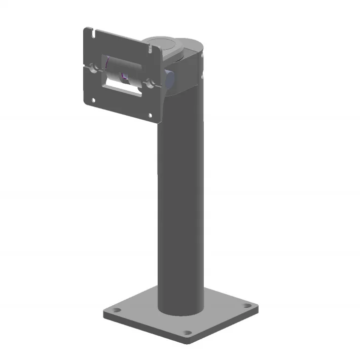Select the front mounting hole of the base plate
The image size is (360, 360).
click(x=187, y=333)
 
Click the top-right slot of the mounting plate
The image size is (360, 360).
click(x=151, y=49)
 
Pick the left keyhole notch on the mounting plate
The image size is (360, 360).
click(x=91, y=66)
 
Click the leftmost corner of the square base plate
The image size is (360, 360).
click(x=103, y=314)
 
